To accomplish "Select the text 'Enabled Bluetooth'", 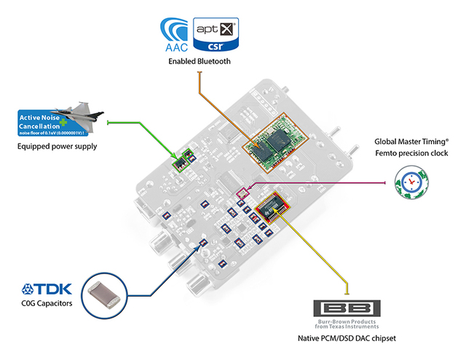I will (199, 62).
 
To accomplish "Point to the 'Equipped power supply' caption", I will (58, 146).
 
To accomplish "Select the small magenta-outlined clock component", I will (243, 193).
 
